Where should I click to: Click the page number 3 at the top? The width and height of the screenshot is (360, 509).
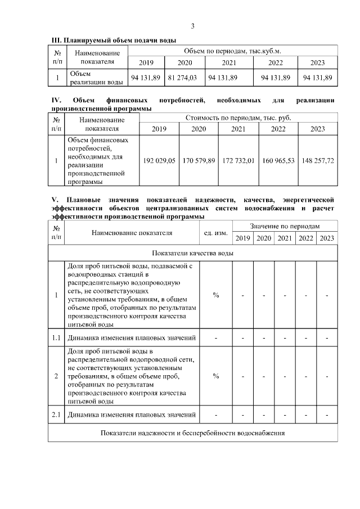(192, 26)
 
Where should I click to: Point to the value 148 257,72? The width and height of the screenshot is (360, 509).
(317, 161)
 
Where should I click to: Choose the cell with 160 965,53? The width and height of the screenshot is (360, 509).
(278, 161)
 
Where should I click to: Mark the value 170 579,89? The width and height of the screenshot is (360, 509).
(199, 161)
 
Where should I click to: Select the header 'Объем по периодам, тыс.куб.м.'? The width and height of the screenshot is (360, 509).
(233, 51)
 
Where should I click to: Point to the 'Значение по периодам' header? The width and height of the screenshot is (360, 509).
(285, 226)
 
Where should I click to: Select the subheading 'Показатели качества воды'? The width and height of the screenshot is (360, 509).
(192, 253)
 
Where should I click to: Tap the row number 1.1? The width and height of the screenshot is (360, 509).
(56, 338)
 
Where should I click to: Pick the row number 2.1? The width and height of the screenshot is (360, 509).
(56, 416)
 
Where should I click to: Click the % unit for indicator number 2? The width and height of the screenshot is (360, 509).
(215, 376)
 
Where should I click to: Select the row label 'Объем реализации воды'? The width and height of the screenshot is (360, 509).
(95, 78)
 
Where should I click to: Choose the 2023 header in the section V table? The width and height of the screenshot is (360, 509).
(326, 238)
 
